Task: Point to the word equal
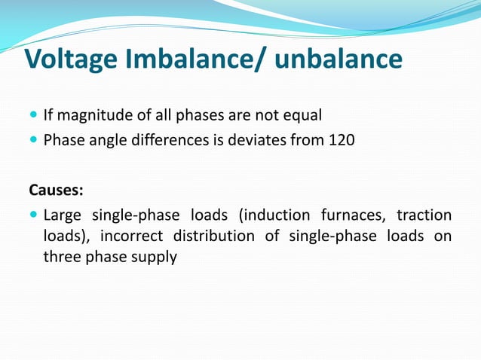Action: pos(303,115)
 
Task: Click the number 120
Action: pos(342,140)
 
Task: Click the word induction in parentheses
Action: pos(274,215)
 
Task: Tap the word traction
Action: pos(424,215)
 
